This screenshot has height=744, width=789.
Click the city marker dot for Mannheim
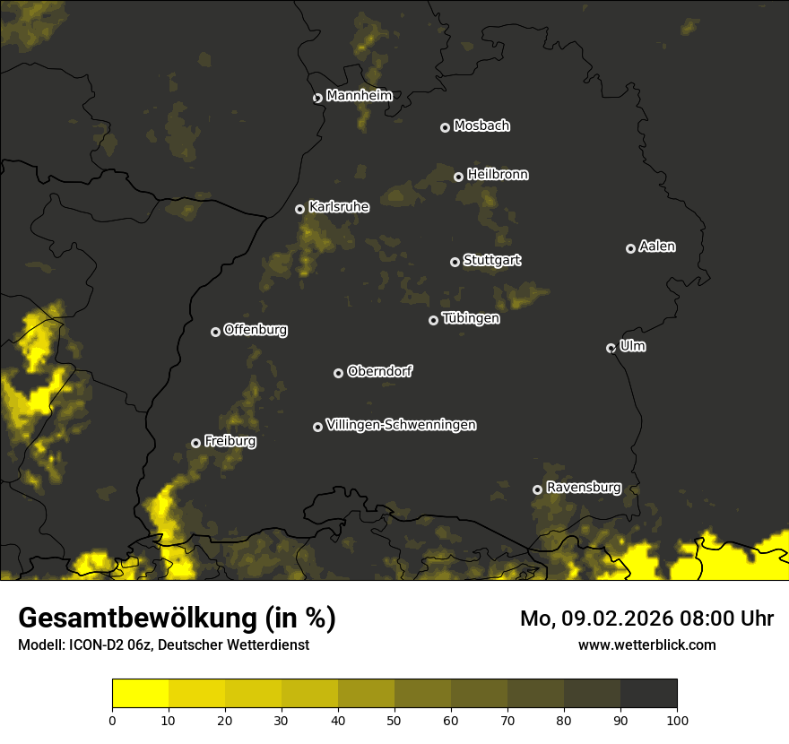[317, 99]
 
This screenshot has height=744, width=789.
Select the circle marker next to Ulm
[611, 348]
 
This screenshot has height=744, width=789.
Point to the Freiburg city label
[230, 441]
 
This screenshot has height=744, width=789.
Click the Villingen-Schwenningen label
[401, 425]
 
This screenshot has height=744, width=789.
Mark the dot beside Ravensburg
[538, 489]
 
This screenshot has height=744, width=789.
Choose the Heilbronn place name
[498, 175]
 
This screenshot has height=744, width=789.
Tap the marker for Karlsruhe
[300, 209]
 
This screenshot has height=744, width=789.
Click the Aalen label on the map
[657, 247]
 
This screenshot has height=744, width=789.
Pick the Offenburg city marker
[215, 332]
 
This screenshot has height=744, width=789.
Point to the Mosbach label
[481, 125]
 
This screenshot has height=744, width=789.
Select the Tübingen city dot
[434, 320]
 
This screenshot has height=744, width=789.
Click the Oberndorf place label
[379, 371]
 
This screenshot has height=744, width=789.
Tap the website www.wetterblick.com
[647, 645]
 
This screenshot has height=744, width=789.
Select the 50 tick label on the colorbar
[394, 719]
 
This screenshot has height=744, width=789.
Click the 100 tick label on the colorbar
[677, 719]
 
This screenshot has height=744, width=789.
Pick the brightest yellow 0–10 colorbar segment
[141, 694]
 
